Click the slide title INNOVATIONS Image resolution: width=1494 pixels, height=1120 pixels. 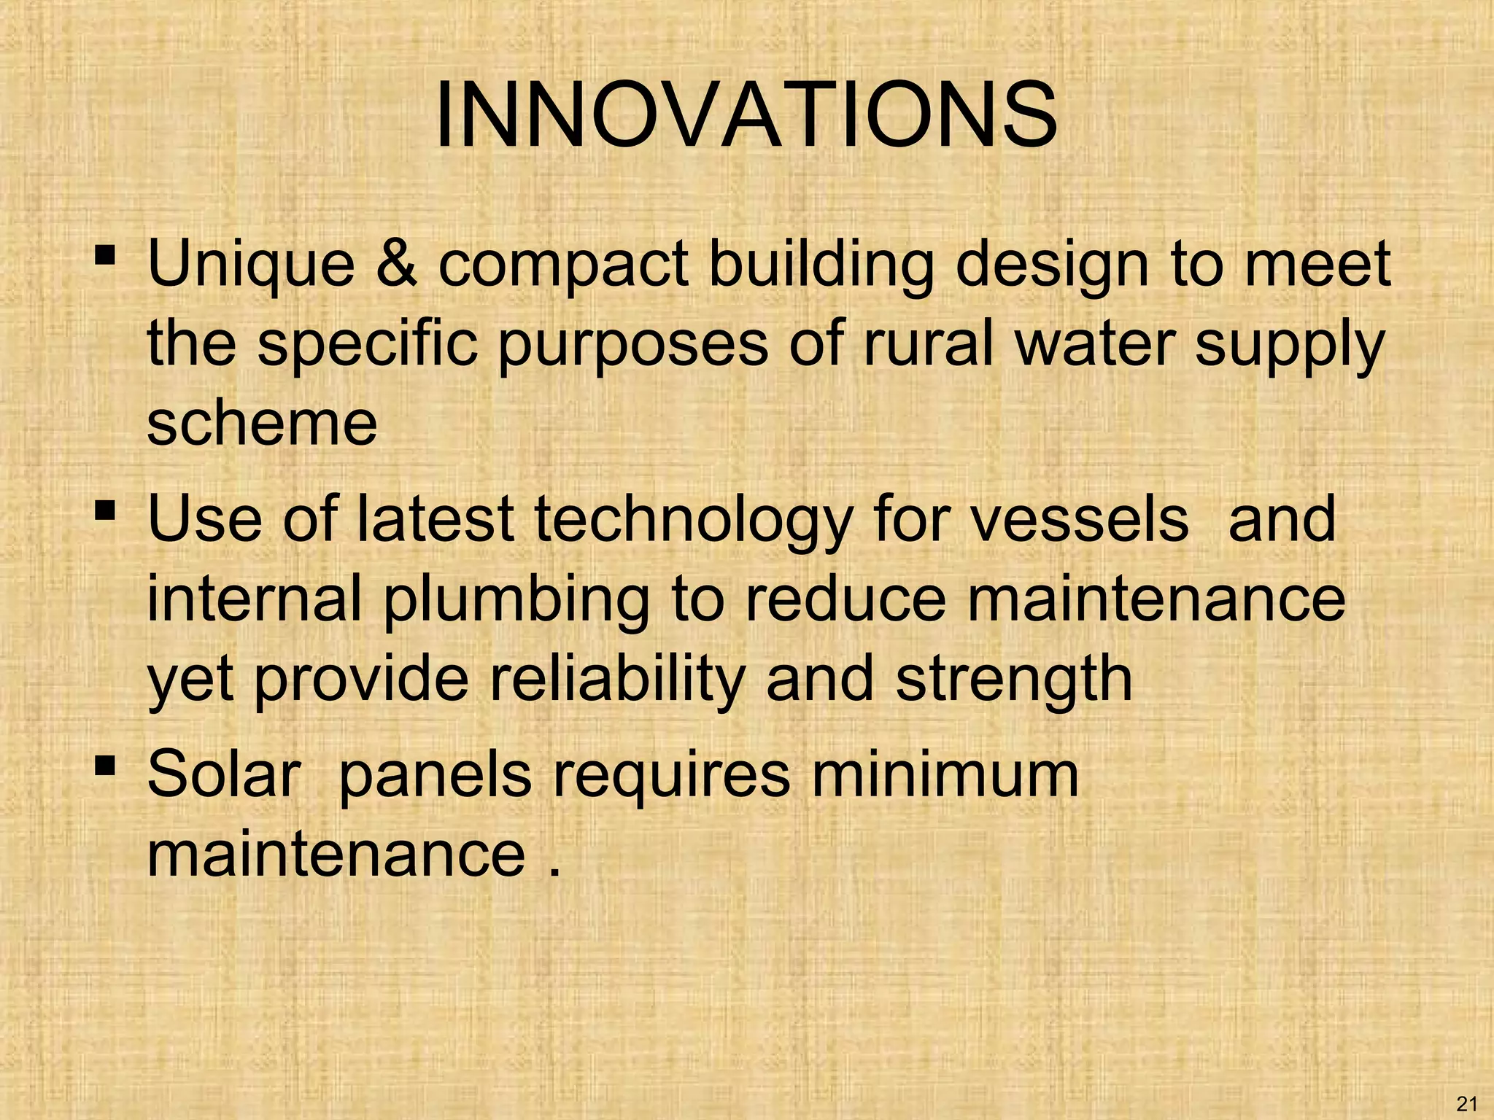point(746,116)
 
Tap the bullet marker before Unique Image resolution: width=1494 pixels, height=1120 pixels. point(105,256)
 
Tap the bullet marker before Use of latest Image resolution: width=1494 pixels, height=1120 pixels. point(105,511)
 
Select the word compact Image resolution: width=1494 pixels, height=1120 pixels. point(562,266)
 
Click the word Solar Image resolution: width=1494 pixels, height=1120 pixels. point(224,774)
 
